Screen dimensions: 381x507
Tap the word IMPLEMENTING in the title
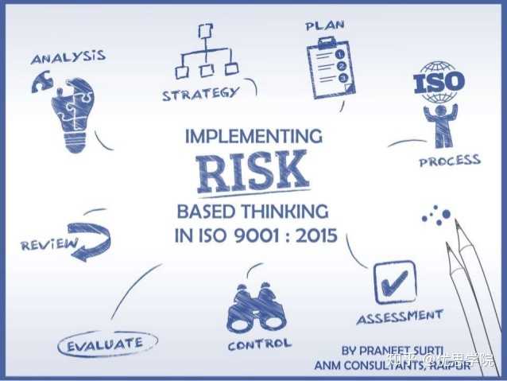(253, 136)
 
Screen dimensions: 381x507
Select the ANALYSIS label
(68, 57)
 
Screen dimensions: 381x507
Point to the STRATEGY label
(200, 94)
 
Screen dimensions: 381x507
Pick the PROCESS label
(450, 161)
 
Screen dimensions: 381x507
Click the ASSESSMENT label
(399, 317)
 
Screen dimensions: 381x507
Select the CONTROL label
(259, 345)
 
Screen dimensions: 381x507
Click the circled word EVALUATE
(106, 344)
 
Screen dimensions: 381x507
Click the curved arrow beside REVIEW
(94, 240)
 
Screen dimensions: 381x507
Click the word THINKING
(288, 212)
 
